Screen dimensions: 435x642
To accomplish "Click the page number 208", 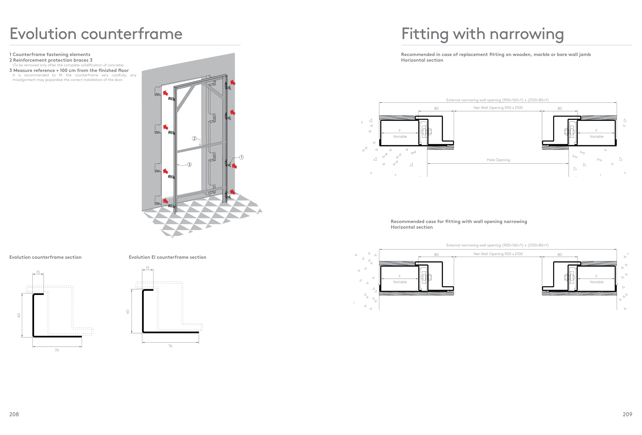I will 14,414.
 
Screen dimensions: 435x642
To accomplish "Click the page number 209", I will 627,414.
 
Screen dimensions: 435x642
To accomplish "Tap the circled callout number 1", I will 241,157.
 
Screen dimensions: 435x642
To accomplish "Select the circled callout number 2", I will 194,138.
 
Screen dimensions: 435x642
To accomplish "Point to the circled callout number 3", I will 189,165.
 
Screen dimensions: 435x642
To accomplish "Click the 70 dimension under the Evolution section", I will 57,350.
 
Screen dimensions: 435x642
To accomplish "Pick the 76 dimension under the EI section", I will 170,346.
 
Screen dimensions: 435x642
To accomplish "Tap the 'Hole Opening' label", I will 498,160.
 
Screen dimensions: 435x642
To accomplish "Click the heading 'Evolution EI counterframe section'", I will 167,257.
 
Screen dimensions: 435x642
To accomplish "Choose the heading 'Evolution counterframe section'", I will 45,257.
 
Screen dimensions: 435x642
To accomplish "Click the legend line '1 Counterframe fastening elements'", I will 50,54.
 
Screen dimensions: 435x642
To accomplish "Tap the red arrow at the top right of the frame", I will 233,82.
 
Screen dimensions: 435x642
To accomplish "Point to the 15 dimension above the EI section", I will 147,268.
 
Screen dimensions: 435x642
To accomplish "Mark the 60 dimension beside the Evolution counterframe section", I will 19,315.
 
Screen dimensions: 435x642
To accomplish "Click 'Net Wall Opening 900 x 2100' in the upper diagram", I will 498,108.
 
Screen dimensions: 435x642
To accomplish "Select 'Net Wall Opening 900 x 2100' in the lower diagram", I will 498,254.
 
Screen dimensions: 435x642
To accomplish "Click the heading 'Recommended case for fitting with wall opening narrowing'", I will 459,221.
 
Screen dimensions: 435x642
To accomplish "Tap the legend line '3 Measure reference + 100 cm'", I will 69,70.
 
